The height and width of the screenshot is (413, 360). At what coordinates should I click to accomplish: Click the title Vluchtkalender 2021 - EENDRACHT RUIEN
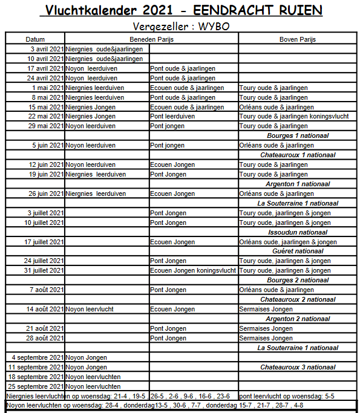click(180, 10)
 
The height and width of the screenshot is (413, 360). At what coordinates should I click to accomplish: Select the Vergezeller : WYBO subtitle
click(181, 27)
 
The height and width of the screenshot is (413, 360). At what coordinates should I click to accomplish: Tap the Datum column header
click(35, 39)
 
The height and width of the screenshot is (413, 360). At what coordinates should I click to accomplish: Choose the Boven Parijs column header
click(297, 39)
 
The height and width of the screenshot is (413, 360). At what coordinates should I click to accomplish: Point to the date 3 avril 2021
click(45, 49)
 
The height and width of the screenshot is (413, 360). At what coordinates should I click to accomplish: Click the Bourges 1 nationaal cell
click(298, 136)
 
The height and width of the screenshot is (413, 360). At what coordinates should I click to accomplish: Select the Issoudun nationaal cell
click(298, 232)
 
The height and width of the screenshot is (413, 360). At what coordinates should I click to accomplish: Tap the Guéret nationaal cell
click(298, 252)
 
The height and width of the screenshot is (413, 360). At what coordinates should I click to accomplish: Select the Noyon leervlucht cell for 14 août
click(90, 310)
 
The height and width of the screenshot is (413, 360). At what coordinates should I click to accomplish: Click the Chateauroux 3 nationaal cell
click(298, 367)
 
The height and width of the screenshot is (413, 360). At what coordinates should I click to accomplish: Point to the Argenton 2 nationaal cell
click(298, 319)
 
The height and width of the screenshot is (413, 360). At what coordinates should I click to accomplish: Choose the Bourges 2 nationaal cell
click(298, 281)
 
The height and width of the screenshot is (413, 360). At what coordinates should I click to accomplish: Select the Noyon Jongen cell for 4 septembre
click(86, 357)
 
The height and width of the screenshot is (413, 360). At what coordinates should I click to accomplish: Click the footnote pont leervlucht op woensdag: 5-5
click(286, 396)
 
